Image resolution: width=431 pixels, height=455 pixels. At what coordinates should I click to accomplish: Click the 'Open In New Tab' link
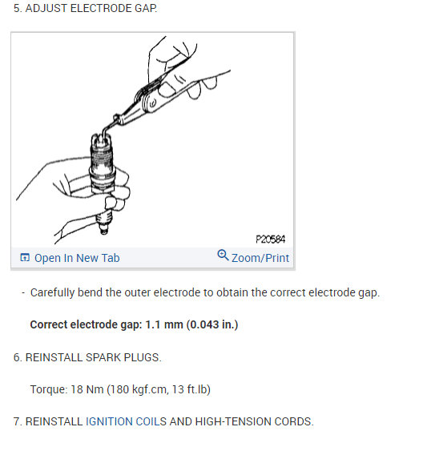[x=77, y=258]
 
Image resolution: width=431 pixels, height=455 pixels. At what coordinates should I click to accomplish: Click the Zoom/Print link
[x=260, y=258]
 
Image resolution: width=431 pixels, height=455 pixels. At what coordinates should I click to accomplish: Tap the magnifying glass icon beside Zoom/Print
[x=223, y=255]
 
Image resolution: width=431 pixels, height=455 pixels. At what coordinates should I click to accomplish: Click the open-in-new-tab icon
[x=25, y=257]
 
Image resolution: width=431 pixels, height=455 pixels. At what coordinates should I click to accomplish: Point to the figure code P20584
[x=271, y=240]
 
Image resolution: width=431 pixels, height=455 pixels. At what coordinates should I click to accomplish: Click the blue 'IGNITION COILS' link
[x=126, y=421]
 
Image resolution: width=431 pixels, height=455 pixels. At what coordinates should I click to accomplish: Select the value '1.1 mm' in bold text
[x=164, y=324]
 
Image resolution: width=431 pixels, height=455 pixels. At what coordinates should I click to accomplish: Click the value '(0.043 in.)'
[x=212, y=324]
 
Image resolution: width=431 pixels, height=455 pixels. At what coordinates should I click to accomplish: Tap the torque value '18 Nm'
[x=87, y=389]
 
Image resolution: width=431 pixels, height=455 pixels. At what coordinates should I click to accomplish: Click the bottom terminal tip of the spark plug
[x=104, y=232]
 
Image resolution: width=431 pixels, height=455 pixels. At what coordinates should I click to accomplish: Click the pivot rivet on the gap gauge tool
[x=153, y=103]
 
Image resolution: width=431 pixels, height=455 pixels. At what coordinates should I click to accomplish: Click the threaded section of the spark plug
[x=101, y=158]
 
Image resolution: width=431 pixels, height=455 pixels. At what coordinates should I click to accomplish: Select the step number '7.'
[x=18, y=421]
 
